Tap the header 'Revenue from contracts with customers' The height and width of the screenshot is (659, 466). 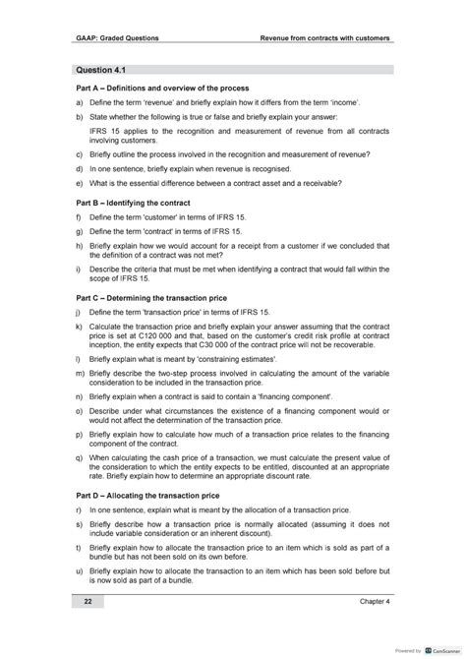pos(324,38)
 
